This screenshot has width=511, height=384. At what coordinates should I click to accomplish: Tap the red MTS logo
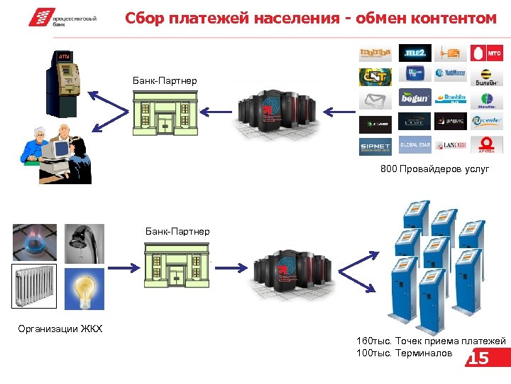(x=488, y=52)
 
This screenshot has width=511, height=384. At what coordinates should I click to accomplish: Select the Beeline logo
(x=488, y=75)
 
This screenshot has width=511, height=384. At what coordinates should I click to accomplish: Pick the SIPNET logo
(x=375, y=146)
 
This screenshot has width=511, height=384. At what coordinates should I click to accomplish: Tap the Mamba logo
(x=375, y=52)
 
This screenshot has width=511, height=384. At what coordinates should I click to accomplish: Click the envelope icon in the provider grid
(x=375, y=99)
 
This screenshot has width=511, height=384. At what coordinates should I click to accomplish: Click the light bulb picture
(x=84, y=289)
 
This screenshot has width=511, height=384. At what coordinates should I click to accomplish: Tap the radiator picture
(x=33, y=289)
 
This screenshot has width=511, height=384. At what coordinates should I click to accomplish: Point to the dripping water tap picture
(x=84, y=244)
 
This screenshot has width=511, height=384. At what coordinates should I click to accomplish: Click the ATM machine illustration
(x=63, y=83)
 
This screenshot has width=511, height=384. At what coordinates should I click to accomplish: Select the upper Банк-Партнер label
(x=165, y=80)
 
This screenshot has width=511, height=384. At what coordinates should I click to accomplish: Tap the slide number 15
(x=479, y=358)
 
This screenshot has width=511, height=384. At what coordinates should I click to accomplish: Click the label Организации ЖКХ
(x=60, y=329)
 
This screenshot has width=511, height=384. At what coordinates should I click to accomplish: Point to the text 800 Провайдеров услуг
(x=434, y=169)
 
